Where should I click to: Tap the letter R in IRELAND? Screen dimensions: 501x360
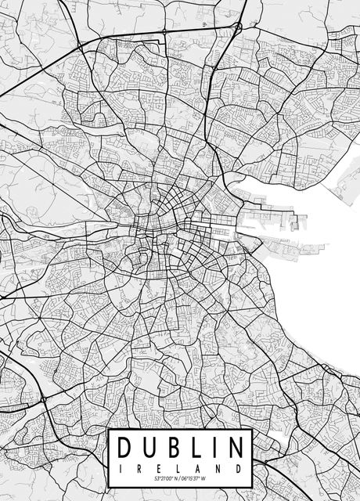140,467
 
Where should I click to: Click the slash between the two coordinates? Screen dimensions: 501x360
178,478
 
